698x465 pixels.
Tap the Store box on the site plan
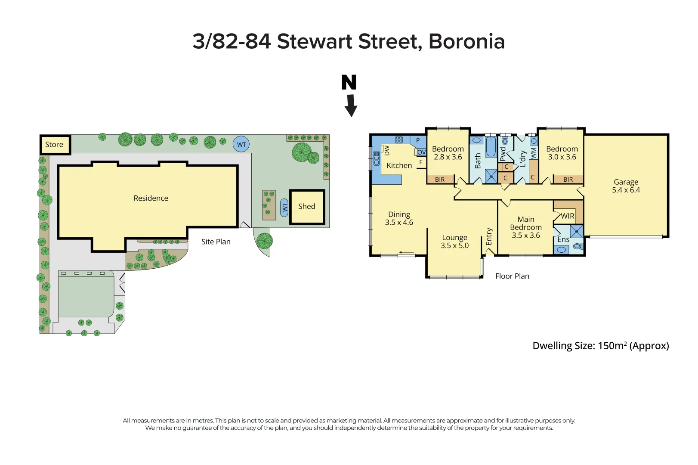click(55, 145)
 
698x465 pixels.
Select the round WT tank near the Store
click(241, 145)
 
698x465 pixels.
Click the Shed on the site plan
click(307, 207)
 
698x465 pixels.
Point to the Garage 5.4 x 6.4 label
click(626, 186)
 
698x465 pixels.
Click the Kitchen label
click(399, 165)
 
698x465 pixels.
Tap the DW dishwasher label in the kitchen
click(386, 150)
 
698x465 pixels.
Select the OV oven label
click(421, 152)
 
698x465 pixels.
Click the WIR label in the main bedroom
click(567, 216)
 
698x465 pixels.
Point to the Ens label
click(563, 239)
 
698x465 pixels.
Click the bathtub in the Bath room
click(491, 148)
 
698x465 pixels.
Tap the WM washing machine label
click(534, 153)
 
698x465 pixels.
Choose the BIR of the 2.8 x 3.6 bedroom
click(440, 180)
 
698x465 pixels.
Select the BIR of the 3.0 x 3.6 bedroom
click(568, 180)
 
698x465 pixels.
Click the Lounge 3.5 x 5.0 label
click(454, 242)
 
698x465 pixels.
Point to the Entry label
click(489, 237)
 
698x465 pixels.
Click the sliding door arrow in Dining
click(406, 253)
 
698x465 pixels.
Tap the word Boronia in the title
click(466, 42)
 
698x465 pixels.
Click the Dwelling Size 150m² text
click(600, 346)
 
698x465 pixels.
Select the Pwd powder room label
click(503, 154)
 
